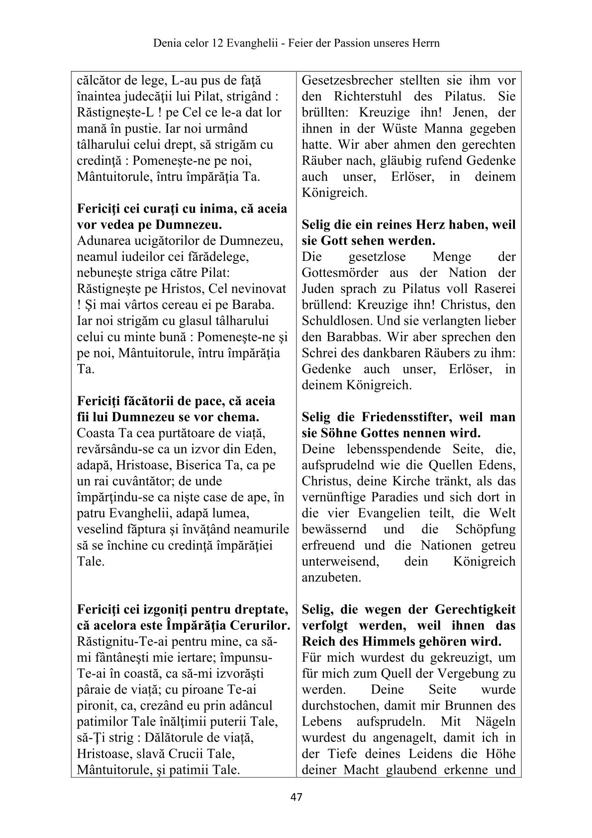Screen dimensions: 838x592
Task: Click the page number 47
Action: click(296, 797)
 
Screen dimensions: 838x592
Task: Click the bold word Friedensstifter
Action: click(401, 417)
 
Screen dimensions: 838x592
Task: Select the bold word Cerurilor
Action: click(260, 625)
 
